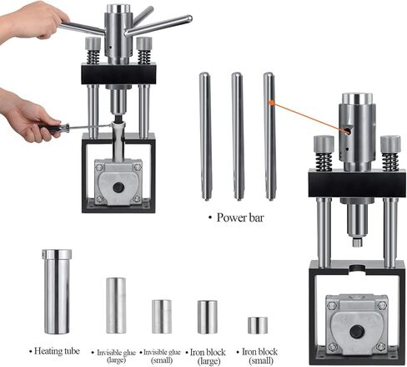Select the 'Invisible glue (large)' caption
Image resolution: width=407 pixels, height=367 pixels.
117,351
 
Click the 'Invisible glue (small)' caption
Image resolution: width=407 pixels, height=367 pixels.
163,351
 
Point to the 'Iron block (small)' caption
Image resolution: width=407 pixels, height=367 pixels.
258,351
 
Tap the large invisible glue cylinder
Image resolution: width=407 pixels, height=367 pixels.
116,305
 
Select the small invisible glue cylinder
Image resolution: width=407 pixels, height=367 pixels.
161,316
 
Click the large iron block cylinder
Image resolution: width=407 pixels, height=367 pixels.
207,316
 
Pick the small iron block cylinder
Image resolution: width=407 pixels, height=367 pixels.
258,325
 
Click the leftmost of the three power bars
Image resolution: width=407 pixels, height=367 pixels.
205,134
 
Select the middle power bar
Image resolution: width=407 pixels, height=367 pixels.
238,134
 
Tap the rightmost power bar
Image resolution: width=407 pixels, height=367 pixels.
269,134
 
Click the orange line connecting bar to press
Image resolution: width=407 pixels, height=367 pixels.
309,115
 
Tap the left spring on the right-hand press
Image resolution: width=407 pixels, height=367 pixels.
324,155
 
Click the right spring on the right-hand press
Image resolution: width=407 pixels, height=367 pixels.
390,155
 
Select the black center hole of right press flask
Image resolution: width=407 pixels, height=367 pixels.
357,332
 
